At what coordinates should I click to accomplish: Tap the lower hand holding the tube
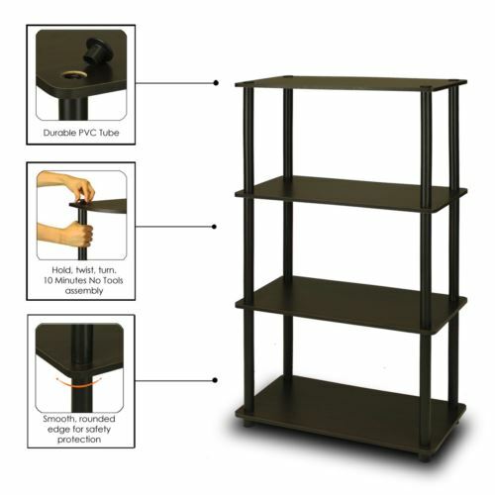click(69, 236)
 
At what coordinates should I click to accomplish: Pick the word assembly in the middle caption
click(83, 292)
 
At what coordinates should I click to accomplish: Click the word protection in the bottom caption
click(83, 441)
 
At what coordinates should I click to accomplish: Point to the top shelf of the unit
click(346, 83)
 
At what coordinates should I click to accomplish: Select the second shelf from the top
click(346, 191)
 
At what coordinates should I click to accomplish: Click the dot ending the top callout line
click(215, 83)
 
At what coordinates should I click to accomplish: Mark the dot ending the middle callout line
click(215, 227)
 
